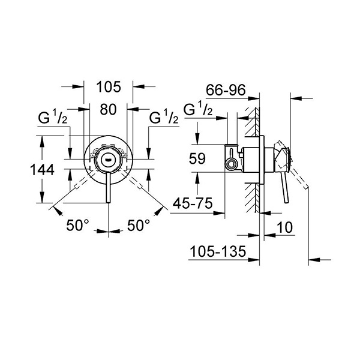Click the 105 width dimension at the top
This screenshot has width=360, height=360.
(x=109, y=86)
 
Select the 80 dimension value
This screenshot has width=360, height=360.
(x=108, y=110)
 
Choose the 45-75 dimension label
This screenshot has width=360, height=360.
(x=193, y=204)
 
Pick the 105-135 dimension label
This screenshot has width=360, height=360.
(x=217, y=253)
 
